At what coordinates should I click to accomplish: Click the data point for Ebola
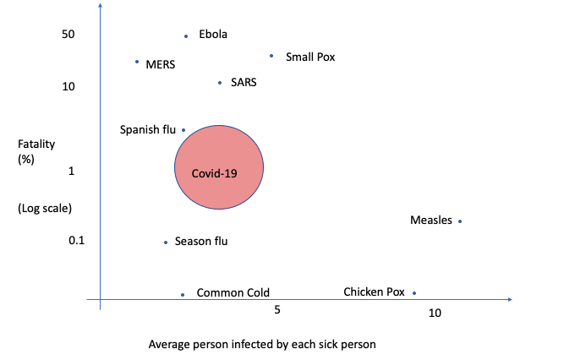click(186, 36)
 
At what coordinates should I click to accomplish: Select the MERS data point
click(137, 62)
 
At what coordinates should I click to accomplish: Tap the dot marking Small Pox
click(271, 56)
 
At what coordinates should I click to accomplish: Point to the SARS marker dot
click(220, 83)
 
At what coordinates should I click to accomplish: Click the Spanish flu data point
click(183, 130)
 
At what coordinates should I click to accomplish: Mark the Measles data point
click(460, 221)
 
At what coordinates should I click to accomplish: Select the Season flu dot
click(166, 243)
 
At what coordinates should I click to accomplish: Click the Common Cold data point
click(183, 295)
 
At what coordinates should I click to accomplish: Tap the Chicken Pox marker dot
click(414, 293)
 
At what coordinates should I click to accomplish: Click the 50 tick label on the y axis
click(68, 34)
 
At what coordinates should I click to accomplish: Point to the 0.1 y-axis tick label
click(77, 241)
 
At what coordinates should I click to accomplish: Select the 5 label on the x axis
click(277, 310)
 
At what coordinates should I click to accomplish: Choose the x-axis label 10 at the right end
click(435, 314)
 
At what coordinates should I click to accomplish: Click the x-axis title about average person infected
click(261, 345)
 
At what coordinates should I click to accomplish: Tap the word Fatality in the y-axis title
click(36, 145)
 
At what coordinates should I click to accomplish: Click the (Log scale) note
click(45, 208)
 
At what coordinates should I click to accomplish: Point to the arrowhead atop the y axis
click(101, 8)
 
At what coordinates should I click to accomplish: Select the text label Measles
click(431, 221)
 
